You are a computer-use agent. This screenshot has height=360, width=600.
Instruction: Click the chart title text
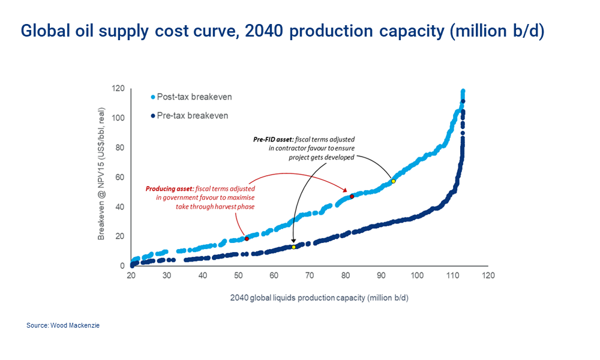[x=282, y=31]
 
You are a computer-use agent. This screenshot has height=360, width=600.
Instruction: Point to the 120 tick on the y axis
[x=118, y=89]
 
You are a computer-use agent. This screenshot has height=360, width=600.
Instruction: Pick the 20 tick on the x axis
[x=131, y=276]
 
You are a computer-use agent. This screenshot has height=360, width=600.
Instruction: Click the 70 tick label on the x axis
[x=310, y=276]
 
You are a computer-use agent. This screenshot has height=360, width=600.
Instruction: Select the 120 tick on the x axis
[x=488, y=276]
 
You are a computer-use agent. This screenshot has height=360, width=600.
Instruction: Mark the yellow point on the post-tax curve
[x=394, y=181]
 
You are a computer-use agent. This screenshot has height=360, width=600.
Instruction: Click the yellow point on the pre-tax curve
[x=293, y=247]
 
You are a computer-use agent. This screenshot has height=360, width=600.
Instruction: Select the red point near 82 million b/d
[x=352, y=196]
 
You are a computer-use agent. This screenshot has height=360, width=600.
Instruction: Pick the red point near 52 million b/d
[x=247, y=239]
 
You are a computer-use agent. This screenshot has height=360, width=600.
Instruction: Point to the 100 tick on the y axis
[x=118, y=118]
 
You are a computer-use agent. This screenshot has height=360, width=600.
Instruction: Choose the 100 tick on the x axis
[x=417, y=276]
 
